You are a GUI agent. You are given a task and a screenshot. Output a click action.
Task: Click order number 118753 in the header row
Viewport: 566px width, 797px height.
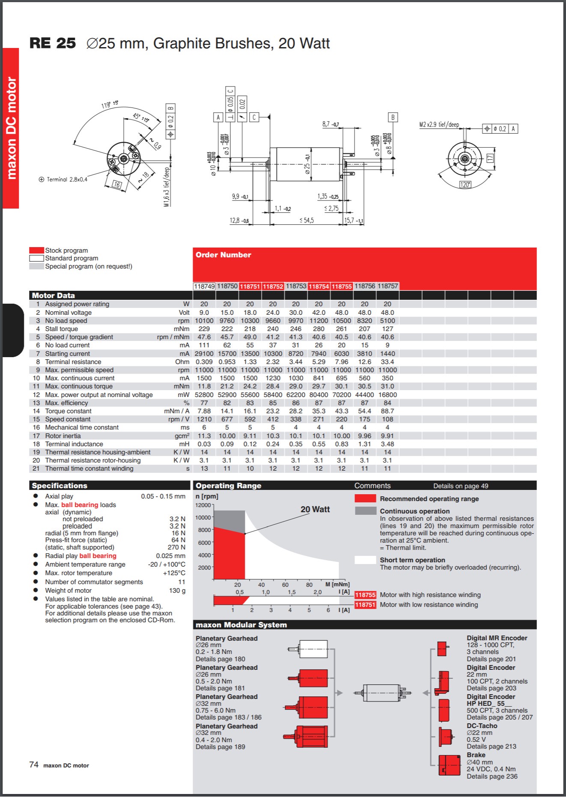coord(296,286)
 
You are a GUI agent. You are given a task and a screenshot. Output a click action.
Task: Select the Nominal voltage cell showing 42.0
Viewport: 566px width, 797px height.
coord(319,313)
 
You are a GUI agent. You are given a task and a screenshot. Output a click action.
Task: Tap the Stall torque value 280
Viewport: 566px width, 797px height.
coord(319,329)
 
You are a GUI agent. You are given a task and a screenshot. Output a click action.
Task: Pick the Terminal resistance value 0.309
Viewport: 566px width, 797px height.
coord(204,362)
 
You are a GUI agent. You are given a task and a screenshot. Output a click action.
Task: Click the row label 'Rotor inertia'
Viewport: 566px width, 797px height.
coord(63,436)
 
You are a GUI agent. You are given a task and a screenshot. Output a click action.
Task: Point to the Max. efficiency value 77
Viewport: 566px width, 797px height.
coord(204,403)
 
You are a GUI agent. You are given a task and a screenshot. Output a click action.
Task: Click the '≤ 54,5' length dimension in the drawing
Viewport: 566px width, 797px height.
coord(307,221)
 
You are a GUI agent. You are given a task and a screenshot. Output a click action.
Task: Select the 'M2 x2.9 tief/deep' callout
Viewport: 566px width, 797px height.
coord(439,125)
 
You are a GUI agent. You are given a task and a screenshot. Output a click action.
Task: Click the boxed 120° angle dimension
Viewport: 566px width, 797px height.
coord(465,185)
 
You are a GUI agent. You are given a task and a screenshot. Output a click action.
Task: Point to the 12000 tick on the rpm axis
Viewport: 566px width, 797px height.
coord(203,505)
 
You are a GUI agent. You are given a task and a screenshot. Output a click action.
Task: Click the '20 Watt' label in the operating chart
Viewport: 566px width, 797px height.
coord(315,510)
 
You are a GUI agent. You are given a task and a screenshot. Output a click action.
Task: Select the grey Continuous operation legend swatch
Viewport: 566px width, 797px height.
coord(365,511)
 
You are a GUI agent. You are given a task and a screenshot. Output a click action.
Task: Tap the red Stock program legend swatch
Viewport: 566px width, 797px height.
coord(36,251)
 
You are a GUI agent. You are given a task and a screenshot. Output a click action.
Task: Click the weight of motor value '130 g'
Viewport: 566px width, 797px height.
coord(177,591)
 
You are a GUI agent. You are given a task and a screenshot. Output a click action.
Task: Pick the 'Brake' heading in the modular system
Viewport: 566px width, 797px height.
coord(476,755)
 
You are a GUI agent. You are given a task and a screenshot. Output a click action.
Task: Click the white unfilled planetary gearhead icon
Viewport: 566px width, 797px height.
coord(313,649)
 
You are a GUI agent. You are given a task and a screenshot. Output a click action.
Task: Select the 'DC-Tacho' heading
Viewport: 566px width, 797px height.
coord(482,726)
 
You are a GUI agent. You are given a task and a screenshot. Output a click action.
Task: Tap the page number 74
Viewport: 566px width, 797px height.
coord(34,765)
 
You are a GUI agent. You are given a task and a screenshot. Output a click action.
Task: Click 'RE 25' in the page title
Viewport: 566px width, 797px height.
coord(53,43)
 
